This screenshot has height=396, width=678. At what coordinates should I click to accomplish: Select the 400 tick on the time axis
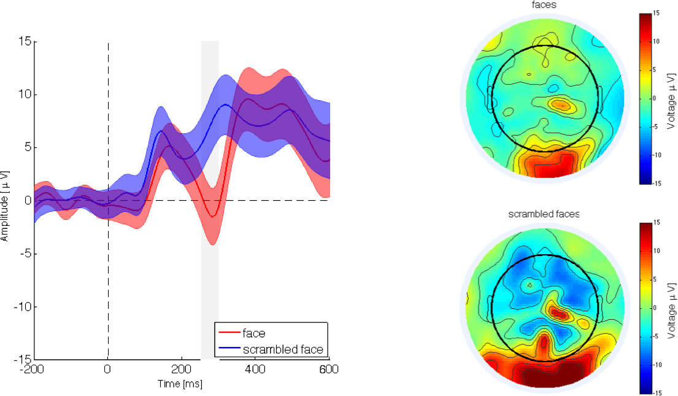coord(255,370)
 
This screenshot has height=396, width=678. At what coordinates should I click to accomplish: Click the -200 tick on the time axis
coord(34,370)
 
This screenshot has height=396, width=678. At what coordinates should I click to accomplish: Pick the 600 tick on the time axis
coord(329,370)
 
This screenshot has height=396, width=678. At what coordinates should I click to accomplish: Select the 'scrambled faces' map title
coord(544,214)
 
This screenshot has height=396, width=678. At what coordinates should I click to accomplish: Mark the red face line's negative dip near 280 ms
coord(212,215)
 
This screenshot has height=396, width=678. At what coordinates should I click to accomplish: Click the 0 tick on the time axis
coord(108,370)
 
